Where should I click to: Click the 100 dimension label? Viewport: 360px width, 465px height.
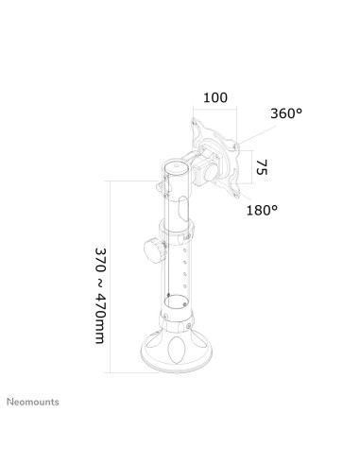pos(215,97)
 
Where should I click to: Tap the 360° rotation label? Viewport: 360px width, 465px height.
pos(286,113)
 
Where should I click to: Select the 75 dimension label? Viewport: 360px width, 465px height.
pos(262,167)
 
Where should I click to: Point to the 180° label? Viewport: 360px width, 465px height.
pos(262,210)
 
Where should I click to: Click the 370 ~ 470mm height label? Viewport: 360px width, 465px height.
pos(100,296)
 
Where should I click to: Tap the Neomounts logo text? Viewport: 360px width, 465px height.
pos(33,402)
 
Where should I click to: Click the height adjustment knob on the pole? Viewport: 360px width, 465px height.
pos(154,251)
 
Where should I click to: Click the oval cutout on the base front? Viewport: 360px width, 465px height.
pos(177,351)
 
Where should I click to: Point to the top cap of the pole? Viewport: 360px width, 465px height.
pos(177,167)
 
